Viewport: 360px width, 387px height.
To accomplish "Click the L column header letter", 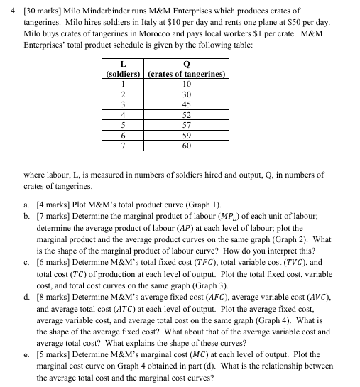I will click(124, 64).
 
